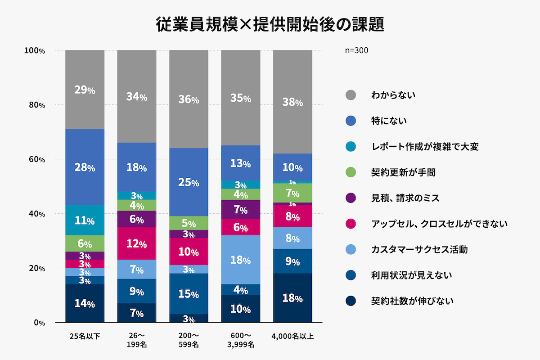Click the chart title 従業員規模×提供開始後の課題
pyautogui.click(x=270, y=24)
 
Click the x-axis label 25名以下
pyautogui.click(x=85, y=336)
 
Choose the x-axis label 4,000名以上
pyautogui.click(x=292, y=336)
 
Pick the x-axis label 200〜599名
pyautogui.click(x=189, y=340)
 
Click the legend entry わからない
pyautogui.click(x=393, y=95)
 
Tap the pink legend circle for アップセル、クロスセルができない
pyautogui.click(x=351, y=223)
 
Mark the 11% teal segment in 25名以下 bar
pyautogui.click(x=85, y=220)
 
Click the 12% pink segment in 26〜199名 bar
pyautogui.click(x=137, y=243)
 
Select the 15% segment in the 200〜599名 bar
pyautogui.click(x=189, y=294)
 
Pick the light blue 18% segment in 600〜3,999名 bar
pyautogui.click(x=241, y=260)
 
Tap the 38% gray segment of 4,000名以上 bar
pyautogui.click(x=292, y=102)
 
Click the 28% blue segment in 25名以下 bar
pyautogui.click(x=85, y=167)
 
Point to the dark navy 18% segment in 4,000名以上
pyautogui.click(x=292, y=298)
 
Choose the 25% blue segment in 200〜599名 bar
pyautogui.click(x=189, y=182)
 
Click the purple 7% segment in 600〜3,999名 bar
pyautogui.click(x=241, y=209)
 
